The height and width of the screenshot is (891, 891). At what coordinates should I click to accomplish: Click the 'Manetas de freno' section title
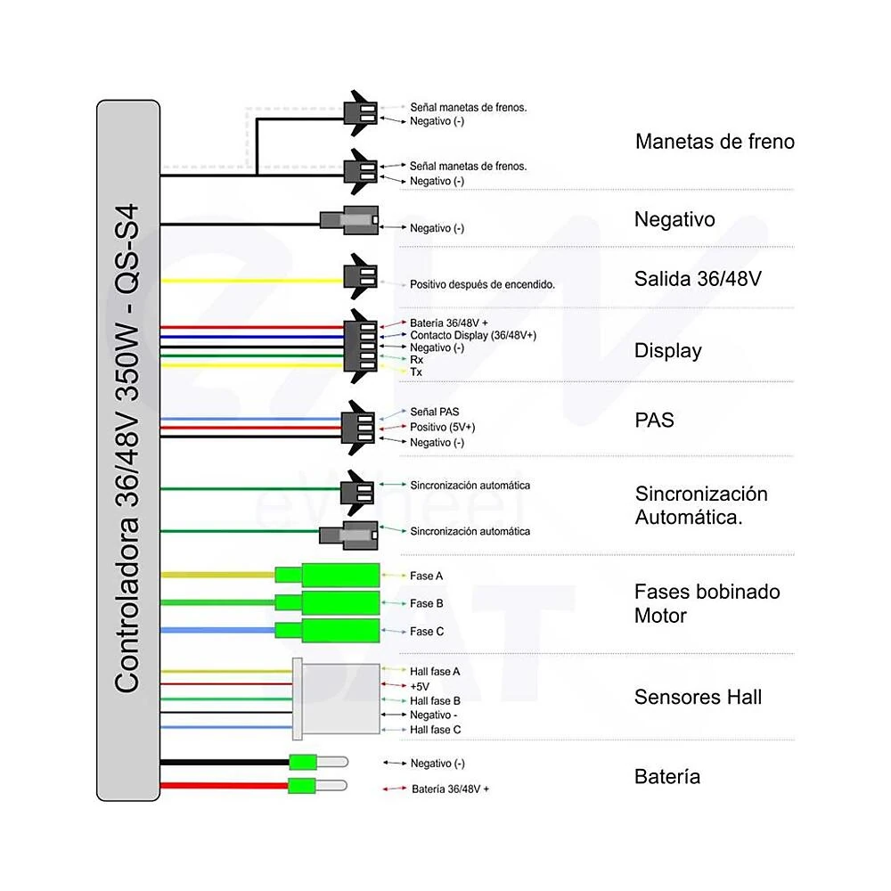click(x=715, y=142)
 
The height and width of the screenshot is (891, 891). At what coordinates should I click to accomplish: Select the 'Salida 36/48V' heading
click(x=698, y=278)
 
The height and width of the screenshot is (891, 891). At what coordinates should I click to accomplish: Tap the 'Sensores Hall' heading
click(x=698, y=697)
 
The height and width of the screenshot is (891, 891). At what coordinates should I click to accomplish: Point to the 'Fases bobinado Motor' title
click(x=707, y=603)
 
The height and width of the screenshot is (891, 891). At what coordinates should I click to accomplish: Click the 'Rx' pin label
click(x=416, y=360)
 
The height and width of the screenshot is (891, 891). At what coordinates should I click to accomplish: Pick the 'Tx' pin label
click(x=416, y=372)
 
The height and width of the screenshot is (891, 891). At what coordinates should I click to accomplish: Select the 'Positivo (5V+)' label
click(x=442, y=427)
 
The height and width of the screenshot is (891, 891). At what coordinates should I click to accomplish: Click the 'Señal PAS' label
click(x=434, y=412)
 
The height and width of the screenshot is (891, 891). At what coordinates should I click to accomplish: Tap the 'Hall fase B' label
click(x=435, y=700)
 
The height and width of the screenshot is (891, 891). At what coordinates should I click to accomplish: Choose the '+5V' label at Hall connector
click(x=420, y=686)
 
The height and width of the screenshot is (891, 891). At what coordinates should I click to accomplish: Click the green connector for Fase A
click(x=327, y=575)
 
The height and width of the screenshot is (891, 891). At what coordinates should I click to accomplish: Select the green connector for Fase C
click(x=327, y=630)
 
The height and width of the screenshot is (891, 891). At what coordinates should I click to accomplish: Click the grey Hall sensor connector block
click(x=337, y=699)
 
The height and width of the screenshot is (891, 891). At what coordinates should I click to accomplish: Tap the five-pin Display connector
click(x=361, y=346)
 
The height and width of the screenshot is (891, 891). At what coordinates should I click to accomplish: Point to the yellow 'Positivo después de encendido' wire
click(x=252, y=281)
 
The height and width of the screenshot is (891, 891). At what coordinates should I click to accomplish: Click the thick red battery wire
click(x=225, y=786)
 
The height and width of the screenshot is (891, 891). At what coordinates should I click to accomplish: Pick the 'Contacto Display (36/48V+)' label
click(x=473, y=335)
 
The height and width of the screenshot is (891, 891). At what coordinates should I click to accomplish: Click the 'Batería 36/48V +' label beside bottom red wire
click(x=450, y=789)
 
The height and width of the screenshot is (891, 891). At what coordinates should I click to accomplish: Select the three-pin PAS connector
click(x=358, y=428)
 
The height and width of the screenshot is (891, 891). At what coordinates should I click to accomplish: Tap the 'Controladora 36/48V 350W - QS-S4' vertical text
click(x=127, y=448)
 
